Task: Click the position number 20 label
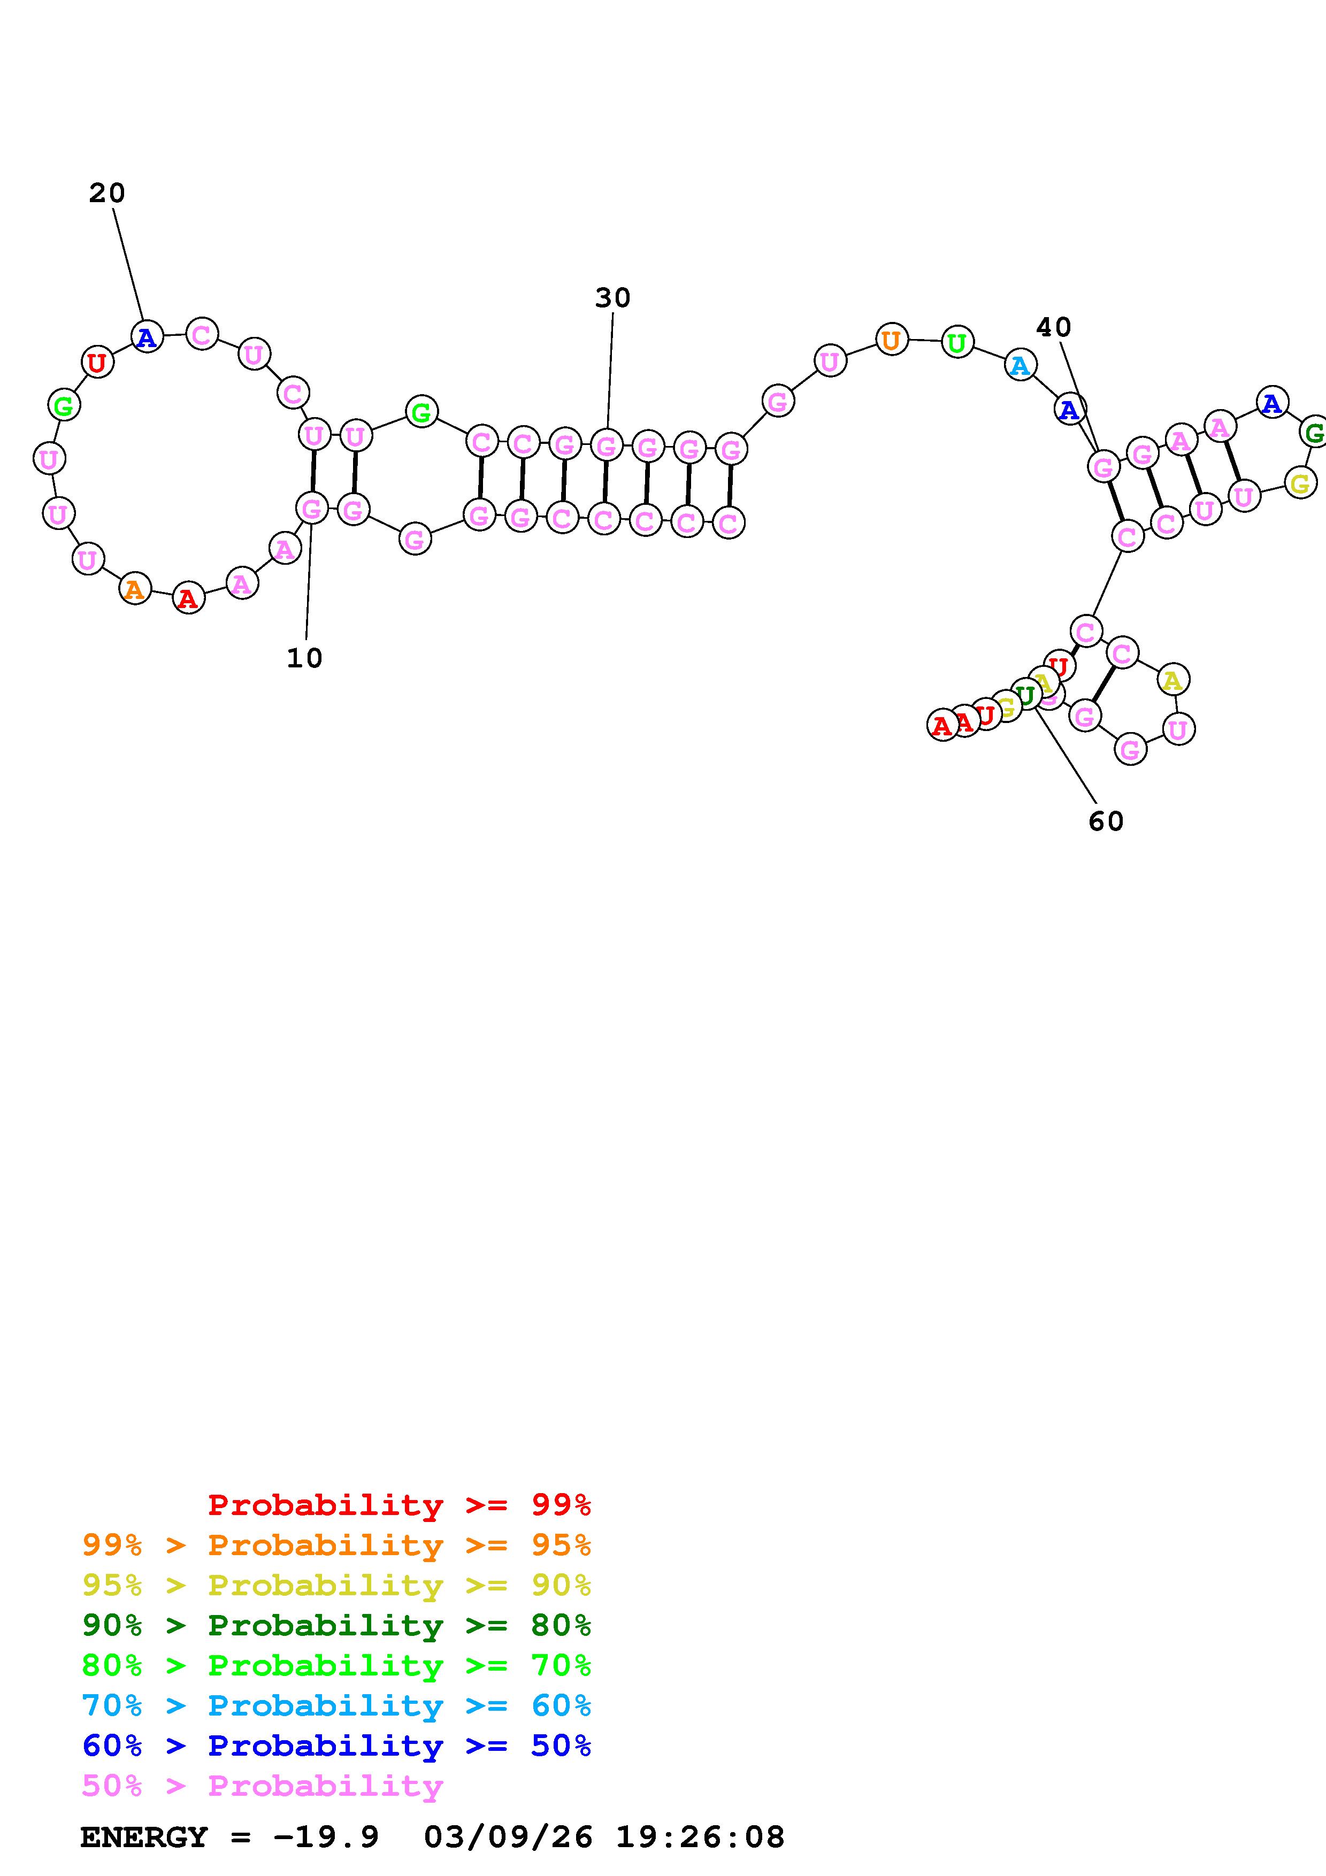tap(106, 194)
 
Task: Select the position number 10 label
tap(304, 658)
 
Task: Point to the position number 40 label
tap(1053, 328)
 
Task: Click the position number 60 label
tap(1106, 821)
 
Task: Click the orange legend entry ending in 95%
tap(336, 1545)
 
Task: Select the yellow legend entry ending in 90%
tap(336, 1585)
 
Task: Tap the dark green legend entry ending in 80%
tap(336, 1625)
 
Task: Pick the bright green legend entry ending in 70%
tap(336, 1665)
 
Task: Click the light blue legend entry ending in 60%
tap(336, 1705)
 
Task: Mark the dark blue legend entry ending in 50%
tap(336, 1746)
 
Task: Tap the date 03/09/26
tap(508, 1837)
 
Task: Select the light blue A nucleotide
tap(1020, 365)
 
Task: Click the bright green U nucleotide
tap(957, 342)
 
